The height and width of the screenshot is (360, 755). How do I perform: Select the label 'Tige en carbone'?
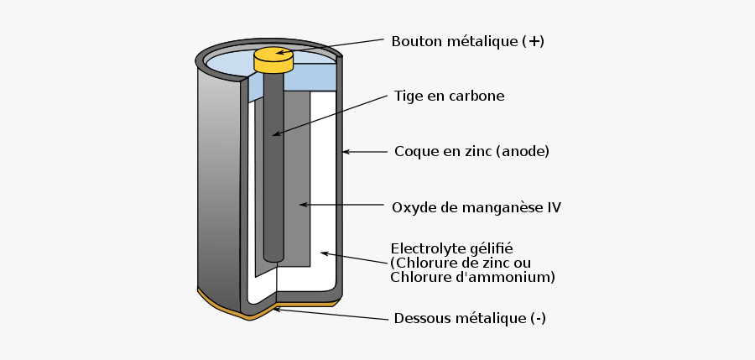(449, 96)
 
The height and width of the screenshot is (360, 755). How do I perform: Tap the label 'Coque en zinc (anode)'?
(471, 152)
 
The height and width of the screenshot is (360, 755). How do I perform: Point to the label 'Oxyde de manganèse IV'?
(476, 206)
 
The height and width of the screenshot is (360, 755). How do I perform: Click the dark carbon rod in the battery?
(273, 168)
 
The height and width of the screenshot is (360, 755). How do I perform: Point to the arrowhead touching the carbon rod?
(273, 133)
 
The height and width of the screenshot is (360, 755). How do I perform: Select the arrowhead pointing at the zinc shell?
(346, 152)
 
